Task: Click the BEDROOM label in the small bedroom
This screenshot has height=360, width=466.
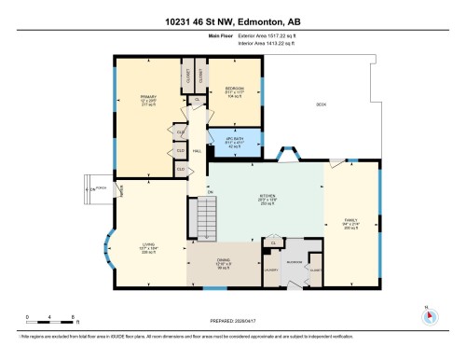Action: (x=235, y=90)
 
